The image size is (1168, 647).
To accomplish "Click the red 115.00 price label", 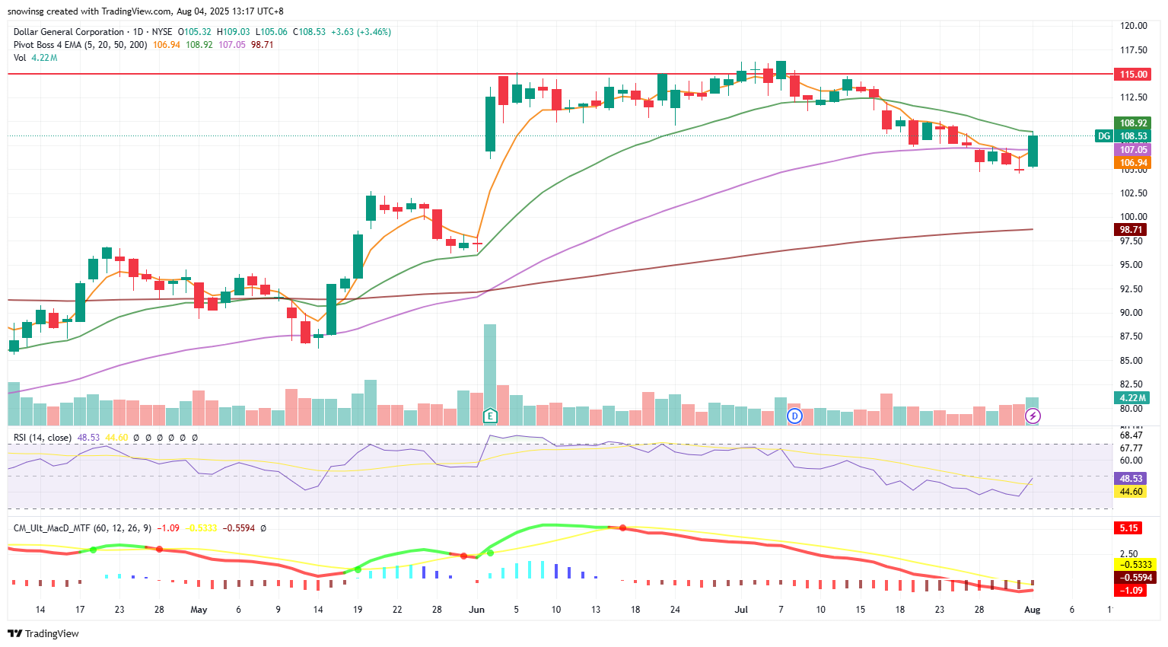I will point(1133,74).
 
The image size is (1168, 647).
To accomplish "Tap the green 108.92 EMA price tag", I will point(1133,123).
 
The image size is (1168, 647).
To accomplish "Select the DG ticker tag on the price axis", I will point(1103,136).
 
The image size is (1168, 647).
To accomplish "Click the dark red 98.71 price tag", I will point(1131,229).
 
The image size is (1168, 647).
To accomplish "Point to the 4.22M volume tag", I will point(1132,397).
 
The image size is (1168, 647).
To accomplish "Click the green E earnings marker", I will point(490,416).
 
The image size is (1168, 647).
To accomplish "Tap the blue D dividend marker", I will point(794,416).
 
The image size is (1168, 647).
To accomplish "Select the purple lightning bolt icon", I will point(1033,416).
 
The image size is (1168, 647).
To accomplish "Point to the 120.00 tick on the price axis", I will point(1134,26).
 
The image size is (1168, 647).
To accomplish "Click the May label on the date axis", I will point(199,610).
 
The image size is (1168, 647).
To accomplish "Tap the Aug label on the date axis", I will point(1032,610).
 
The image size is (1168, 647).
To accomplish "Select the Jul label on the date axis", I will point(741,610).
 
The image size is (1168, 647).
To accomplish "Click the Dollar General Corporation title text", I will point(68,32).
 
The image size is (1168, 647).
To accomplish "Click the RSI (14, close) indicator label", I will point(43,438).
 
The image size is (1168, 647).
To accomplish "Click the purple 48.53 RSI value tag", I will point(1131,479).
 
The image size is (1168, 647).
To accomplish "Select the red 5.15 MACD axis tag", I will point(1128,527).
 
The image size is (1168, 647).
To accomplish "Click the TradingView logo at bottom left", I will point(43,633).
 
